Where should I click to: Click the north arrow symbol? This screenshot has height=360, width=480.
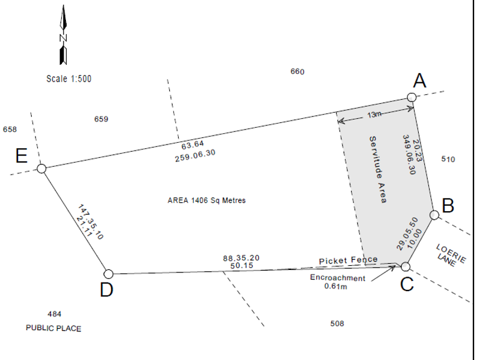click(x=62, y=35)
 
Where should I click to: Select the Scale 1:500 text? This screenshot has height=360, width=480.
click(x=69, y=79)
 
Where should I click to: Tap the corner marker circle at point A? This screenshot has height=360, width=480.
click(x=412, y=97)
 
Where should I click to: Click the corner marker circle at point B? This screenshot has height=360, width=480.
click(x=434, y=215)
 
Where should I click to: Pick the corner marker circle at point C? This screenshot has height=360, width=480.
click(x=406, y=266)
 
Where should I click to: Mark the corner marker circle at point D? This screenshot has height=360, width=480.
click(x=109, y=274)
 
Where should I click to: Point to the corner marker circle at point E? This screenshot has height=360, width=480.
click(x=41, y=169)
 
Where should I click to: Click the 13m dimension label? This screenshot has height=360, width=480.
click(x=374, y=115)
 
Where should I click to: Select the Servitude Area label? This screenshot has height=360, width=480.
click(x=377, y=170)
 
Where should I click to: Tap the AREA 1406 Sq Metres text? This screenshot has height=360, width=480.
click(x=206, y=200)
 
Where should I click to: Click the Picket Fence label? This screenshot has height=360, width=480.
click(x=348, y=260)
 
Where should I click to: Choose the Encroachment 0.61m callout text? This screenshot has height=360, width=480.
click(x=337, y=282)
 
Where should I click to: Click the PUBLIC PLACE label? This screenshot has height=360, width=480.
click(x=53, y=328)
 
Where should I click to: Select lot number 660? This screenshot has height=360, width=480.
click(x=298, y=71)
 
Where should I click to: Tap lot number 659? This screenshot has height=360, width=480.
click(x=101, y=119)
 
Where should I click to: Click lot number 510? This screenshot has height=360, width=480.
click(x=448, y=159)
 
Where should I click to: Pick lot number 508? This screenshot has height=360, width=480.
click(x=337, y=323)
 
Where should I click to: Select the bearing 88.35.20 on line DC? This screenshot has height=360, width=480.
click(x=241, y=257)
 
